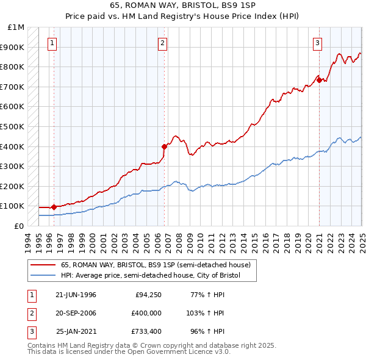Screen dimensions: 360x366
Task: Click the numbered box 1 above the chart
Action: [52, 43]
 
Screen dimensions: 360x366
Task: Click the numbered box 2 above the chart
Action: [163, 43]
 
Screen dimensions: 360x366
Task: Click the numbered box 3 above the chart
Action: [318, 43]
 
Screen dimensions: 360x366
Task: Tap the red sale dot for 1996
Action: [54, 207]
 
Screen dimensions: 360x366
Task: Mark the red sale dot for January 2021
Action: [319, 80]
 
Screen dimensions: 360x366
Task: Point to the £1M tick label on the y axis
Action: [17, 27]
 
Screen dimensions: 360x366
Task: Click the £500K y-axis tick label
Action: [15, 126]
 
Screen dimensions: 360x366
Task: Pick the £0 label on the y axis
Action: [20, 226]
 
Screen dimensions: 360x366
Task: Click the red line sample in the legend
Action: [43, 265]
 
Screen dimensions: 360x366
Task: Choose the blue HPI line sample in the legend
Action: [43, 276]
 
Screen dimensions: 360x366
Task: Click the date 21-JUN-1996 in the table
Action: [76, 295]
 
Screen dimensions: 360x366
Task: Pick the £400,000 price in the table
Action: [146, 313]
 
